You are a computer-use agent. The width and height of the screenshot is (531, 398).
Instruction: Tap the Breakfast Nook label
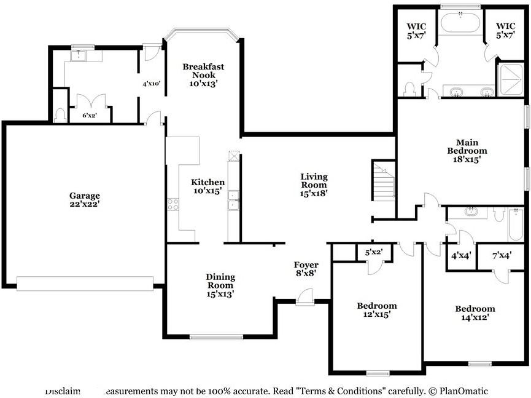pyautogui.click(x=203, y=74)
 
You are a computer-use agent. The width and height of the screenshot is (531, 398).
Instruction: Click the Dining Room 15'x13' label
pyautogui.click(x=220, y=285)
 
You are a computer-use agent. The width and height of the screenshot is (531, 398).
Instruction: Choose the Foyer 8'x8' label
pyautogui.click(x=304, y=268)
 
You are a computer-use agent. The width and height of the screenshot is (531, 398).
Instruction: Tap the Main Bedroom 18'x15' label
pyautogui.click(x=467, y=150)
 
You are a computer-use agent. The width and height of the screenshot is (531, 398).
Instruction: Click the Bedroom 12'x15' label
pyautogui.click(x=377, y=309)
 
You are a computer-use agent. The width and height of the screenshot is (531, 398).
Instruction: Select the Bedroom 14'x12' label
pyautogui.click(x=475, y=313)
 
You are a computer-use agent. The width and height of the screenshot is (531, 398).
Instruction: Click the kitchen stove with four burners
pyautogui.click(x=172, y=204)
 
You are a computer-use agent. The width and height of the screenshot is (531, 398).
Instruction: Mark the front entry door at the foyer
pyautogui.click(x=304, y=298)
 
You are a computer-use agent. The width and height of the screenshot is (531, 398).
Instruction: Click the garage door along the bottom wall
pyautogui.click(x=85, y=283)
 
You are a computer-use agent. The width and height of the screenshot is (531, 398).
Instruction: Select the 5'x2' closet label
pyautogui.click(x=374, y=252)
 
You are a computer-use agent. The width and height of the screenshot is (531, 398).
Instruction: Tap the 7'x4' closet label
pyautogui.click(x=502, y=255)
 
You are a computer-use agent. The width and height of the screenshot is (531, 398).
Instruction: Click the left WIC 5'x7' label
pyautogui.click(x=416, y=30)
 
